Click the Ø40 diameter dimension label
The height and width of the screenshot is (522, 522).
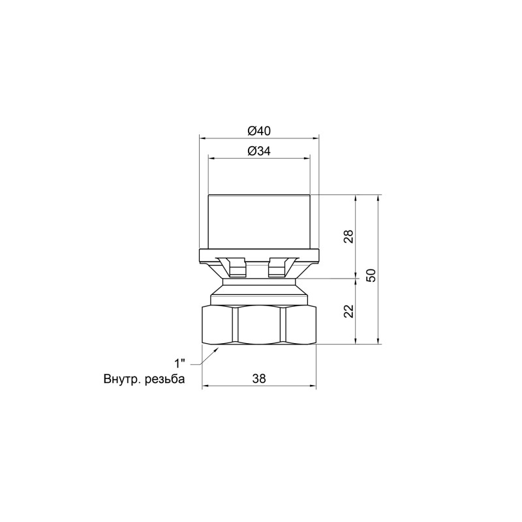click(259, 130)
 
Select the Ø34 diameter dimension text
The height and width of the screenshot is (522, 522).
click(259, 151)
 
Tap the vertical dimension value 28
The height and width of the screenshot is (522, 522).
click(348, 236)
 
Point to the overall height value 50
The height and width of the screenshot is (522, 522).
click(371, 275)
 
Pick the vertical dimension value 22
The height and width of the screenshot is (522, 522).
click(348, 311)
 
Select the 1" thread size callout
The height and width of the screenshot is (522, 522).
click(180, 363)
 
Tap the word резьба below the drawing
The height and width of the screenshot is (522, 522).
click(164, 379)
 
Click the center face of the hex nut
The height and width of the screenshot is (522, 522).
click(259, 324)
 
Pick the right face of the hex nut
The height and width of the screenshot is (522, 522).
click(299, 324)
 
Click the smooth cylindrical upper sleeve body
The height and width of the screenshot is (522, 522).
click(259, 222)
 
